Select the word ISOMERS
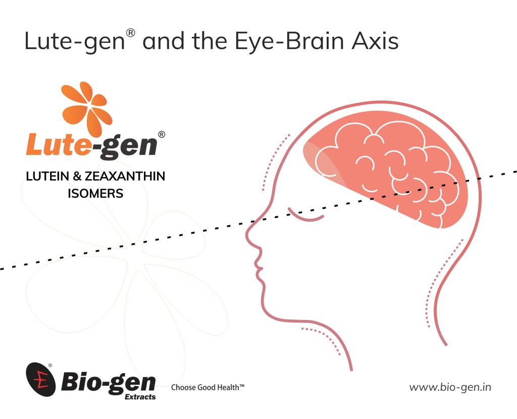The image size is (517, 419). click(x=95, y=193)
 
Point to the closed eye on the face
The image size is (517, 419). click(x=305, y=214)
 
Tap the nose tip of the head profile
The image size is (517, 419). click(x=248, y=235)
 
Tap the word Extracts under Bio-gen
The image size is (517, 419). click(x=140, y=397)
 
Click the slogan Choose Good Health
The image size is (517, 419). click(x=208, y=388)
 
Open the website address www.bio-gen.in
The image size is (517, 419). click(x=450, y=388)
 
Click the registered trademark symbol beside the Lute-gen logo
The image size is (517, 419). click(x=162, y=134)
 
